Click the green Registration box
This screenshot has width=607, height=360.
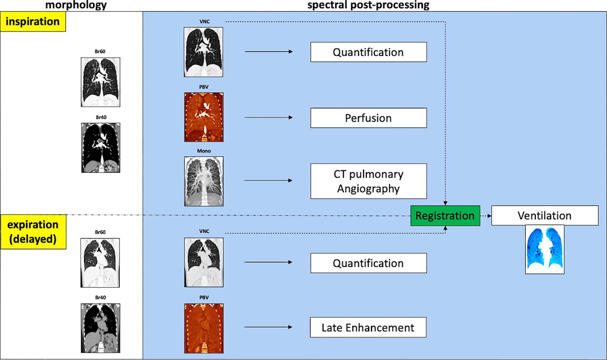(445, 216)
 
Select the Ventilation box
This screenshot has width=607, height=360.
(545, 216)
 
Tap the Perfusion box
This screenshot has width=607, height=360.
(369, 118)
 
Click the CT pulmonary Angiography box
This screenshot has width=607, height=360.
(369, 181)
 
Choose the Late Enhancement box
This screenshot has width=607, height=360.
(368, 327)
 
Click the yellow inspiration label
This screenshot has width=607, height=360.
(33, 21)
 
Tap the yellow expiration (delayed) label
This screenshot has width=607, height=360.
(33, 232)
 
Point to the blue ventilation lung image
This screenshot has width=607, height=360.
(545, 249)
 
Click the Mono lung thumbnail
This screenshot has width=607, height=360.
(204, 181)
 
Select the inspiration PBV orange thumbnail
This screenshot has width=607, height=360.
(204, 117)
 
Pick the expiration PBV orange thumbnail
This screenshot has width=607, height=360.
(204, 328)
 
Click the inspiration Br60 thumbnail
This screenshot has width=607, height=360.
(101, 82)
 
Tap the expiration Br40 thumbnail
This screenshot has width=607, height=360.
(101, 328)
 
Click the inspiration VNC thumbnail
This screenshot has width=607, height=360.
(204, 52)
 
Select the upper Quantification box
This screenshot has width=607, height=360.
(369, 52)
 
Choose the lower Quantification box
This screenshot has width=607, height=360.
(369, 263)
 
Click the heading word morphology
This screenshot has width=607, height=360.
(76, 5)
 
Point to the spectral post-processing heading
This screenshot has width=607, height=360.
(368, 5)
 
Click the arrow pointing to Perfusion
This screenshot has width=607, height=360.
(269, 117)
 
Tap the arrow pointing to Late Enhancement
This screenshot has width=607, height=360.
(268, 327)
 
